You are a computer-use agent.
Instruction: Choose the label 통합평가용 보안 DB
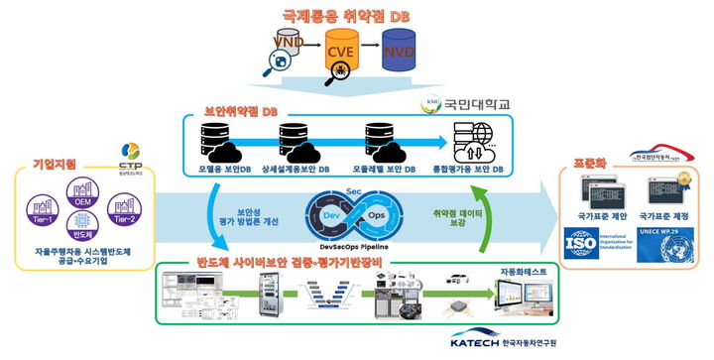point(479,170)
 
